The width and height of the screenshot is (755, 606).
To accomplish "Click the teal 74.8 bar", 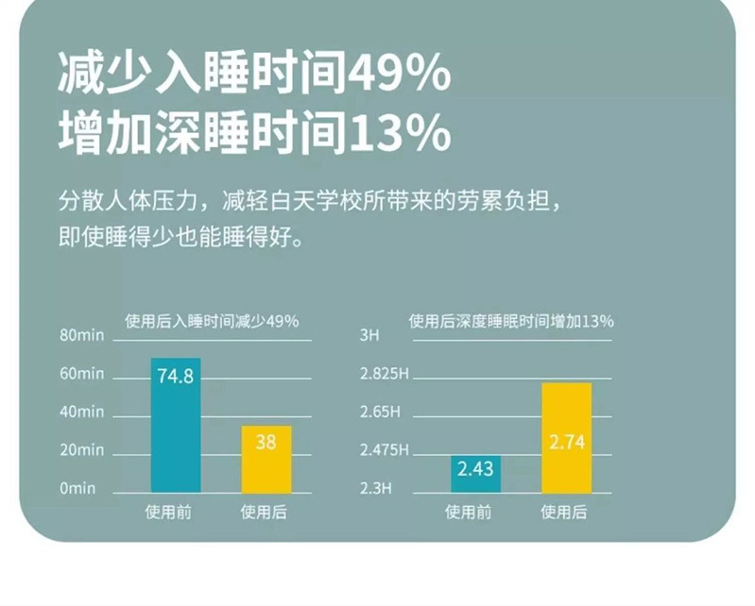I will [176, 425].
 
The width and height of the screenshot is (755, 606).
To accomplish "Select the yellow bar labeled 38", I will [266, 459].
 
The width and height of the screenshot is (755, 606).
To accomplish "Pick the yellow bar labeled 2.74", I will [566, 437].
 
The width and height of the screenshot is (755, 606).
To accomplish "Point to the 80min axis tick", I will [81, 336].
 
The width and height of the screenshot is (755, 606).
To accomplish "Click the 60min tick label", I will [81, 374].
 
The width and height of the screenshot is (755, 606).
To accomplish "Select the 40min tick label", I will [81, 412].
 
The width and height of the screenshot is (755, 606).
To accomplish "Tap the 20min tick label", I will [81, 450].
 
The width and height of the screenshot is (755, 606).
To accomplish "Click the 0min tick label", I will [79, 488].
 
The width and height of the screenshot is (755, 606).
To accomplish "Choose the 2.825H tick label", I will [385, 374].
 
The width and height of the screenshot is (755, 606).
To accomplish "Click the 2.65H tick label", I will [381, 412].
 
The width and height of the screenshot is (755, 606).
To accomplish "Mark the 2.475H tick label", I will [385, 450].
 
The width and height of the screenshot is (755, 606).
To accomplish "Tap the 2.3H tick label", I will [375, 488].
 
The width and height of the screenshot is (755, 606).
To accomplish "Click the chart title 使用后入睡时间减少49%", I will [212, 322].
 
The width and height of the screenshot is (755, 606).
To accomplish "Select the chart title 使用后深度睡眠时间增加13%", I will [510, 322].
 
